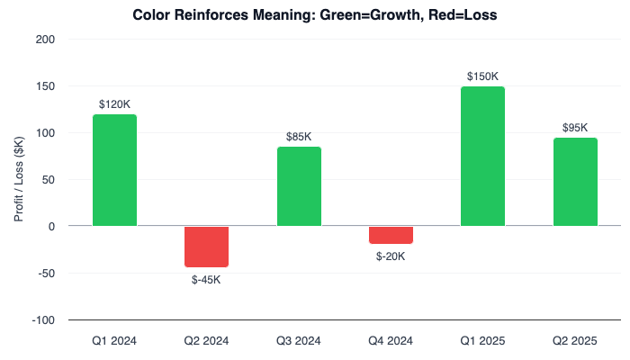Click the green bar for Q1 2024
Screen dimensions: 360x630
click(114, 170)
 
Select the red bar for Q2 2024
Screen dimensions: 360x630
click(207, 247)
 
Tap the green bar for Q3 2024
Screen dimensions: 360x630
click(299, 186)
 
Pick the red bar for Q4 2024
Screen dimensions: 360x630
click(391, 235)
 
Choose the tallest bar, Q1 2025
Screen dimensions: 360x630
click(482, 157)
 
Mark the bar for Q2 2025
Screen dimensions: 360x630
click(575, 182)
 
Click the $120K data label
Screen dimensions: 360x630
click(114, 104)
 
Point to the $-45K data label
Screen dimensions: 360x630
click(207, 279)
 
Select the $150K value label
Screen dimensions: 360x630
click(482, 76)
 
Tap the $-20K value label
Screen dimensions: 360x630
click(391, 256)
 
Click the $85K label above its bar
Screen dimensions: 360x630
click(299, 137)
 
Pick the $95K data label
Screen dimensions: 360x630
click(575, 128)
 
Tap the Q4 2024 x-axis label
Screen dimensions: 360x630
click(391, 341)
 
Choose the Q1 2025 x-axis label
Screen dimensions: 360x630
click(482, 341)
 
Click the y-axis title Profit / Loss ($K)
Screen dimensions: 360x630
click(18, 180)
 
